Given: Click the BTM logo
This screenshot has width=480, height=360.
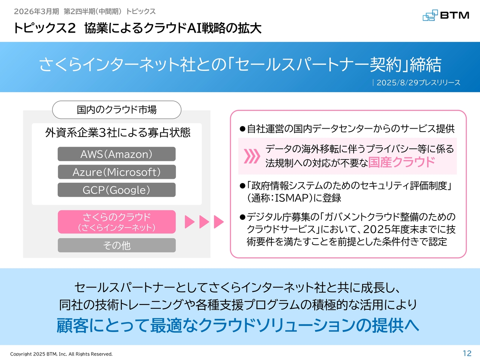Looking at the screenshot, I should point(446,15).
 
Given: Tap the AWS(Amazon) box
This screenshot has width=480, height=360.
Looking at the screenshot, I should point(117,154).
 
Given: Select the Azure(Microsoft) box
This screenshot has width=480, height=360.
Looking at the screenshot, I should point(117,172).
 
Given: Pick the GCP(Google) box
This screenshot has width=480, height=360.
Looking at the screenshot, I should point(117,190).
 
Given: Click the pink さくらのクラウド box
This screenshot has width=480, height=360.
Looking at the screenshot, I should point(117,222).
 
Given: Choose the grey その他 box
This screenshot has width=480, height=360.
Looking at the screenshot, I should point(117,245).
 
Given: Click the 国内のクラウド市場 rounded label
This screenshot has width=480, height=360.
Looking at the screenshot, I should point(117,109).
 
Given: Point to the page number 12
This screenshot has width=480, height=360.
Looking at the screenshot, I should point(467,353).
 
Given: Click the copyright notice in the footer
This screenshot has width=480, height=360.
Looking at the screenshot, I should point(61,354).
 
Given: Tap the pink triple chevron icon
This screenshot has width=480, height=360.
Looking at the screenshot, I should point(252,156).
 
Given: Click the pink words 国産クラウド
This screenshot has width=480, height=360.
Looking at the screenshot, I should point(402,162).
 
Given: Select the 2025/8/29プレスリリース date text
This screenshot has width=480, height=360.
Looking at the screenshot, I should point(418,82).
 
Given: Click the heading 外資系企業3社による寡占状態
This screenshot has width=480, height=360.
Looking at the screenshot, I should point(118,132).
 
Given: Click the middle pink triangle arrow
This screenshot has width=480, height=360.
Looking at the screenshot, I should point(204,222).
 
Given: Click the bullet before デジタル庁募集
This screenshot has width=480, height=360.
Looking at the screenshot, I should point(243,217).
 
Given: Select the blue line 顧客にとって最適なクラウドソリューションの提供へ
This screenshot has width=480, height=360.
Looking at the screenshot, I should point(238,325).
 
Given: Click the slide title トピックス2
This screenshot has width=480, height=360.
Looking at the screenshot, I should point(44,28).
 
